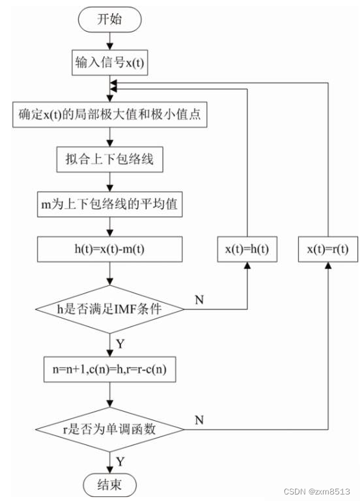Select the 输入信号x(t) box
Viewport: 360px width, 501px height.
click(x=111, y=63)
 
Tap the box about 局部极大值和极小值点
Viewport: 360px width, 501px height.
click(x=111, y=116)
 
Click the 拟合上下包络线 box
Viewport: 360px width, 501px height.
click(x=111, y=159)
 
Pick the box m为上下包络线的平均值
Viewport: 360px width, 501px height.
click(x=111, y=205)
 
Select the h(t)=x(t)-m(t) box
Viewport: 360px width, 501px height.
click(x=111, y=250)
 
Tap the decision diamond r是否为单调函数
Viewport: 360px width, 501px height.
click(x=111, y=429)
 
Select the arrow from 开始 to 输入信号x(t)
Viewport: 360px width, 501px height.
click(x=111, y=41)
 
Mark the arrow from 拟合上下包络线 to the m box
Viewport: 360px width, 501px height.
click(x=111, y=182)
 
